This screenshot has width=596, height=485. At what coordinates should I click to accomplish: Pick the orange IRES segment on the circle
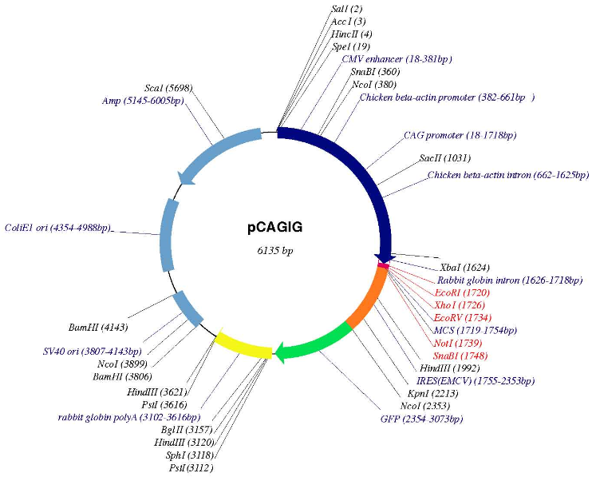coord(369,296)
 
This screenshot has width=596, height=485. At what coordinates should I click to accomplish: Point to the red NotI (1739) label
coord(457,342)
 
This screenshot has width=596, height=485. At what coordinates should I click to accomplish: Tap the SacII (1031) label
coord(445,158)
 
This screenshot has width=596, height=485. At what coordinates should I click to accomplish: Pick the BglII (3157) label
coord(191,429)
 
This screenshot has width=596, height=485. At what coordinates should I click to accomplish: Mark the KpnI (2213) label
coord(429,393)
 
